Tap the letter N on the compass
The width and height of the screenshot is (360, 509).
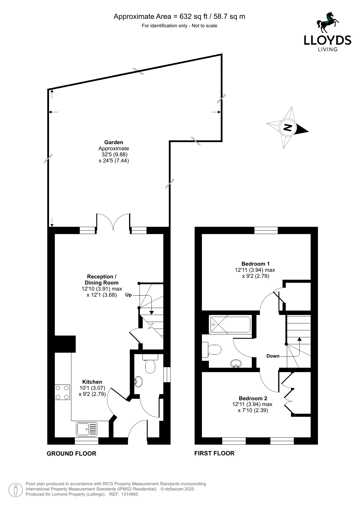(x=287, y=127)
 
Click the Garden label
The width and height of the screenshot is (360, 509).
(x=114, y=142)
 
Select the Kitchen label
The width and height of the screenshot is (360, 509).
(x=92, y=382)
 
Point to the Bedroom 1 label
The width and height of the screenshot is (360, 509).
(x=256, y=264)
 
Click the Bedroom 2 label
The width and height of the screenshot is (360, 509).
(x=253, y=398)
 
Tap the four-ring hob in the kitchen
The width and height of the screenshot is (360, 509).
(x=62, y=392)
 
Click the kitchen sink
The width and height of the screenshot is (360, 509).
(x=87, y=429)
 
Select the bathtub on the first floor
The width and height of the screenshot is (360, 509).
(x=230, y=325)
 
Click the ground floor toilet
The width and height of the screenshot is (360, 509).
(x=150, y=364)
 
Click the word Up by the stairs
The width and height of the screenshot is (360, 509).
(x=129, y=295)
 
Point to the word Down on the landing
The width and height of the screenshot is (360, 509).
(x=273, y=356)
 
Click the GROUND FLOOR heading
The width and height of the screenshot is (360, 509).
(x=71, y=453)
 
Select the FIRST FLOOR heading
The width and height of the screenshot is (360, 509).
(x=214, y=453)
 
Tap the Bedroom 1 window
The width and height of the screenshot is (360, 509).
(x=266, y=230)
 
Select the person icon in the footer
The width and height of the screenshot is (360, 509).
(x=16, y=490)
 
